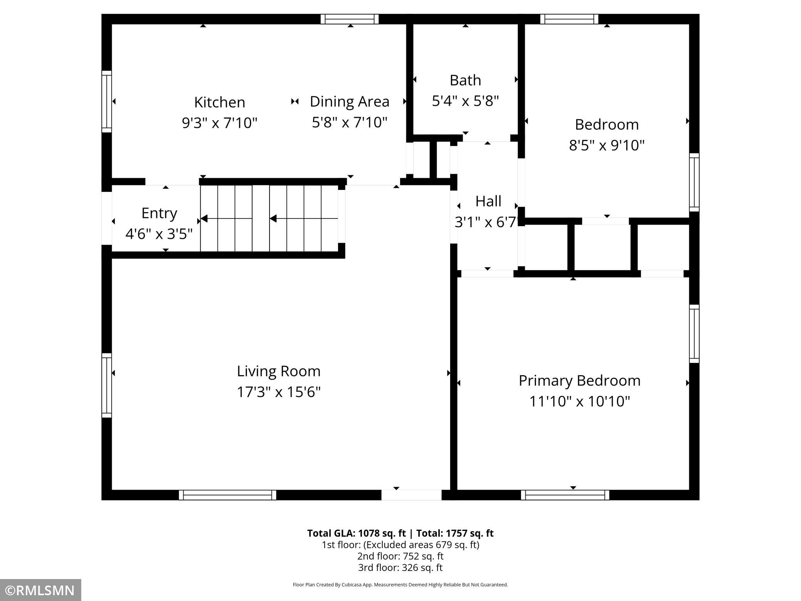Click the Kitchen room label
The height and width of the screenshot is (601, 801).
(x=220, y=102)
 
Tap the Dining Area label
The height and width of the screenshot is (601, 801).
(x=350, y=101)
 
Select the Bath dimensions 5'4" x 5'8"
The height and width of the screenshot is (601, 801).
(x=465, y=101)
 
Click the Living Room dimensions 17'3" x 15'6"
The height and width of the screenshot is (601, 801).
(x=278, y=392)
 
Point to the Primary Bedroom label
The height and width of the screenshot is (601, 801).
(x=580, y=381)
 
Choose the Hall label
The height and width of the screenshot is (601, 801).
(x=488, y=201)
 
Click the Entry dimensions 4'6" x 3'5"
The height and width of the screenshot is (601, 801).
(x=159, y=234)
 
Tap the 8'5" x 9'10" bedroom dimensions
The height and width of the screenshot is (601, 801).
(x=607, y=145)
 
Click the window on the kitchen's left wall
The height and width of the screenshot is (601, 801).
(x=107, y=102)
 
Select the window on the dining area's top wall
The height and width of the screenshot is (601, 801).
(x=350, y=19)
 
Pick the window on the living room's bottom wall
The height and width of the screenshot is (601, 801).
(x=228, y=495)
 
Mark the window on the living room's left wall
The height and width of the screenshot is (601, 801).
(x=107, y=385)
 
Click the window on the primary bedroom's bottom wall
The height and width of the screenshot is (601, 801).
(x=565, y=495)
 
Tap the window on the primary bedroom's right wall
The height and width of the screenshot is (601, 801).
(x=694, y=334)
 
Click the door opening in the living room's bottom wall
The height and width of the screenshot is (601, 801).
(x=411, y=495)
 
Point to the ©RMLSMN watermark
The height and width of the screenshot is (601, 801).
(x=40, y=590)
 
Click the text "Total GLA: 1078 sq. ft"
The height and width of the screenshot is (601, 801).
(x=356, y=533)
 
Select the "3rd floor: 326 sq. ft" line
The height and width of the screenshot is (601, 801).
(x=400, y=567)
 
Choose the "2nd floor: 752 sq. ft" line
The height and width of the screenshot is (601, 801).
(x=400, y=556)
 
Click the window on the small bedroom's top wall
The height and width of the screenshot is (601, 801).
(x=569, y=19)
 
